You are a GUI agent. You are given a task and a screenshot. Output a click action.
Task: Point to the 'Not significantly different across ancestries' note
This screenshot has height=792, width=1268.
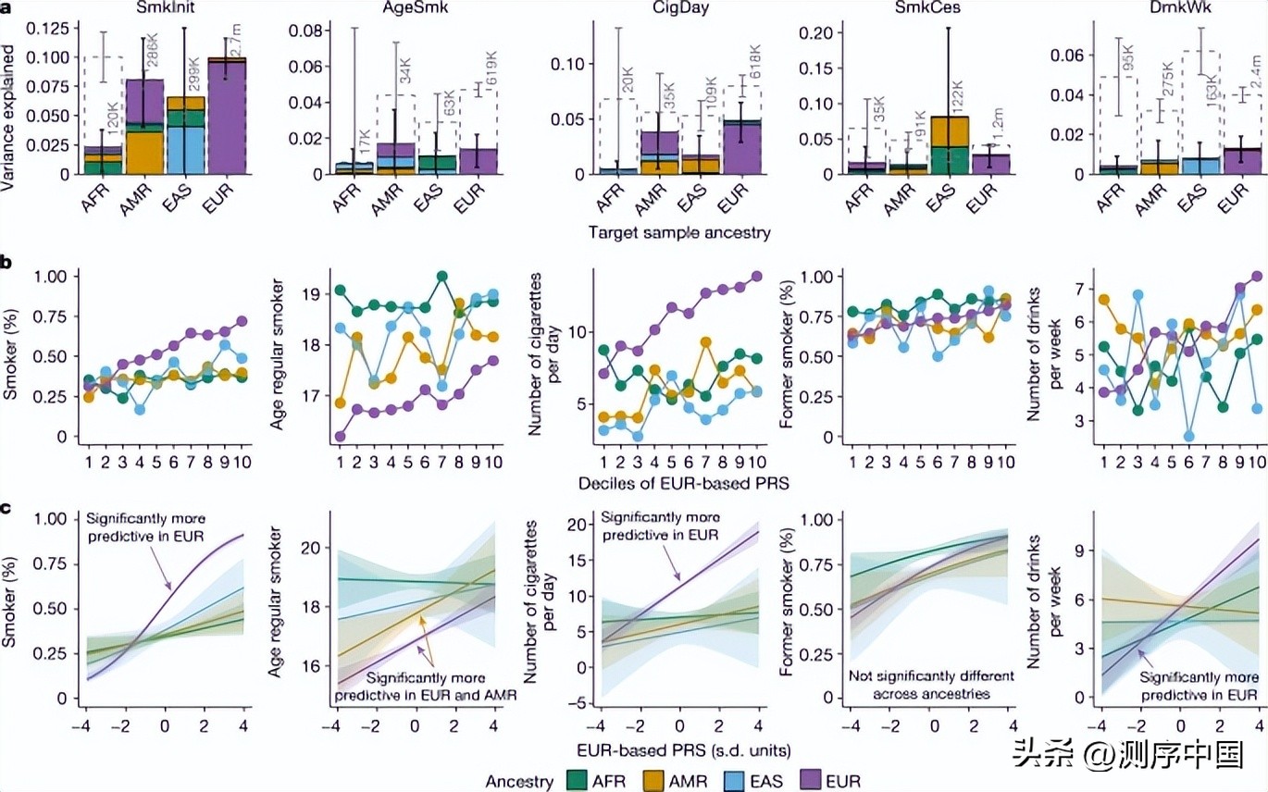930,684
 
